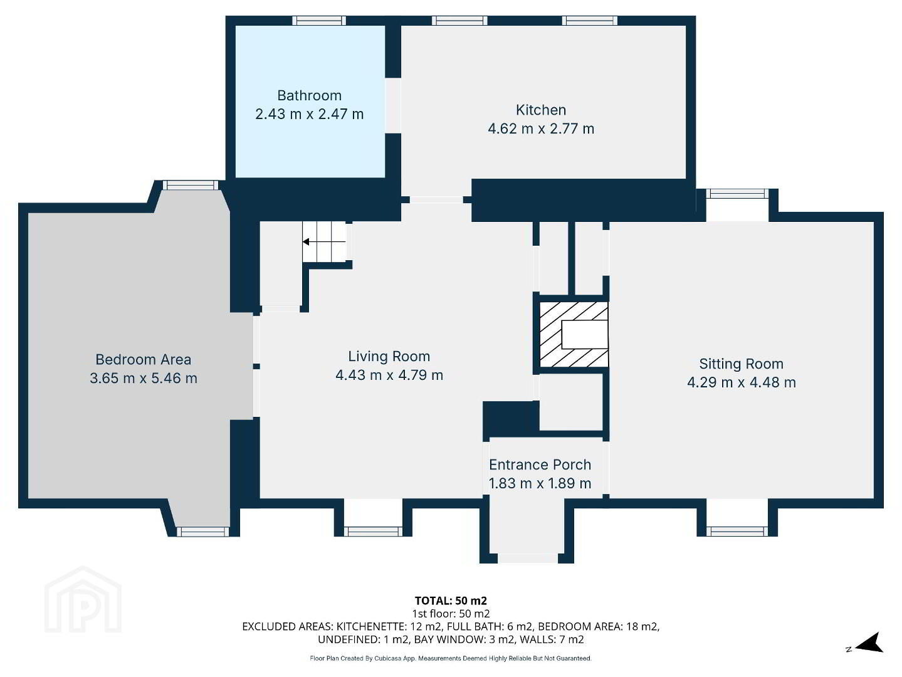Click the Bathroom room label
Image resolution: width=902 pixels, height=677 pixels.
[x=309, y=95]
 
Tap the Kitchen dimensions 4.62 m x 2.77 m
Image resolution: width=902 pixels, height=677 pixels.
[x=541, y=129]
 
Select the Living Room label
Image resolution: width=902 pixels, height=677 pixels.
[x=389, y=356]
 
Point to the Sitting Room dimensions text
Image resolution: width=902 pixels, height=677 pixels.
[x=742, y=382]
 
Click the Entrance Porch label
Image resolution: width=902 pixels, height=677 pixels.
[x=540, y=464]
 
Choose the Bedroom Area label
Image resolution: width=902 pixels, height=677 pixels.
[x=143, y=359]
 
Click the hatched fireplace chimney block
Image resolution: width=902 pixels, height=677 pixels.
[x=574, y=334]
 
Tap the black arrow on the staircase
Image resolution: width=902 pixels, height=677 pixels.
[x=324, y=241]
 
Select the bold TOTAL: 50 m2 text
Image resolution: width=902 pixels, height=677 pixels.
[x=451, y=601]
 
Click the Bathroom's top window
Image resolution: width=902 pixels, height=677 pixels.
[x=319, y=21]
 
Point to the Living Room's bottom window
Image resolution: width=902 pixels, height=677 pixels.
[x=373, y=532]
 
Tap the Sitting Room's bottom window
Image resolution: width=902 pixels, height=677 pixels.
[x=739, y=532]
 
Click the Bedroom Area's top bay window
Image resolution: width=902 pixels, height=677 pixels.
[x=191, y=186]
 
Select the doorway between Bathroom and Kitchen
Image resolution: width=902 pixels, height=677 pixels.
[x=393, y=105]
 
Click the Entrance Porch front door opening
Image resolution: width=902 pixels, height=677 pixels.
[x=528, y=559]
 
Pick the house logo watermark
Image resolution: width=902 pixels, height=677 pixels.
[x=83, y=599]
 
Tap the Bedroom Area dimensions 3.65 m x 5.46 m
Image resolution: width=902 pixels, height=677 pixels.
[x=144, y=378]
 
